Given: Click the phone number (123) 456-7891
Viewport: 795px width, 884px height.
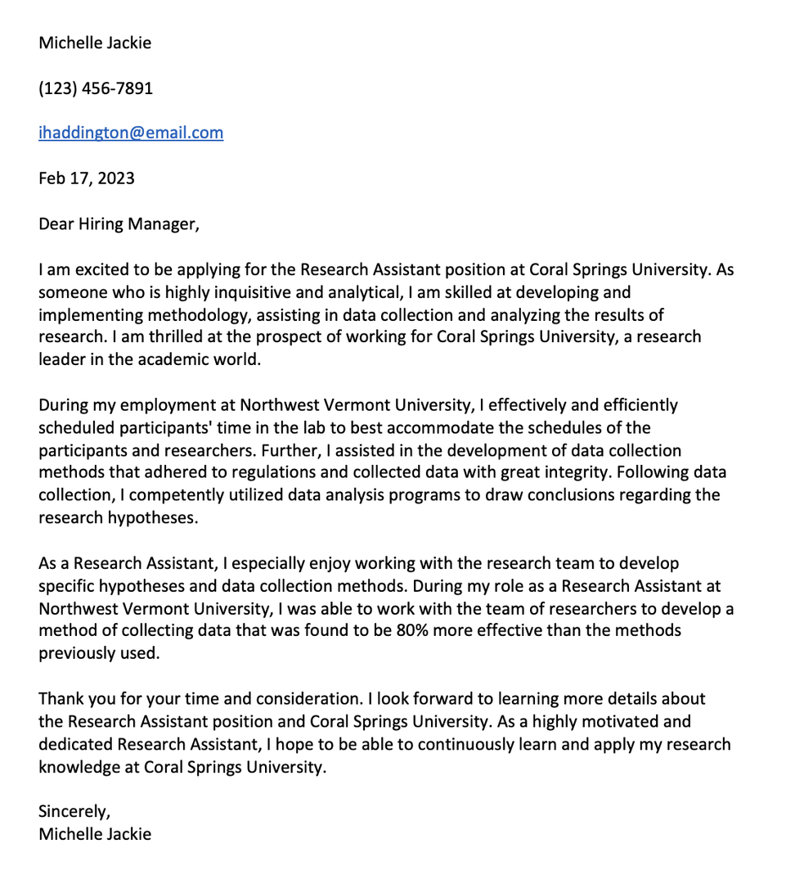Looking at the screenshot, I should pyautogui.click(x=96, y=88).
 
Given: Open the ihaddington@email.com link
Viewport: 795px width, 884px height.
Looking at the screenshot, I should pyautogui.click(x=131, y=133).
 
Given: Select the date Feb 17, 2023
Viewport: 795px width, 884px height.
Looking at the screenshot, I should pyautogui.click(x=87, y=178).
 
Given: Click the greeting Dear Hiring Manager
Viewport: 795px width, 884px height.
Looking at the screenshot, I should pyautogui.click(x=119, y=223).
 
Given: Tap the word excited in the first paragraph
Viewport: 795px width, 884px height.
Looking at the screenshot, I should pyautogui.click(x=97, y=269).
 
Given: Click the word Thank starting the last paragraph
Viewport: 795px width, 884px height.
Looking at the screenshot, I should pyautogui.click(x=61, y=699).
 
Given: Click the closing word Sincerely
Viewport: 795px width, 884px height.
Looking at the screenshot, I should pyautogui.click(x=74, y=812).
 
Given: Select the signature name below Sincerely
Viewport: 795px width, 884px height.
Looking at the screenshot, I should pyautogui.click(x=95, y=834).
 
